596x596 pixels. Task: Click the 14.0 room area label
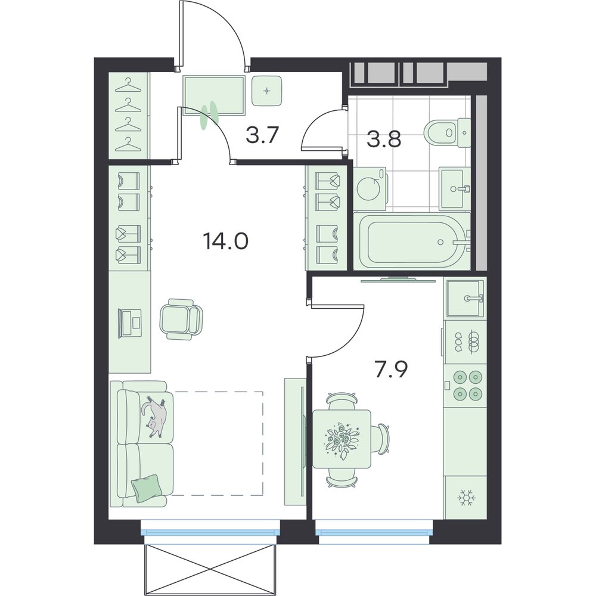point(226,241)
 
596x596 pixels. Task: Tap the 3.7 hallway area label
point(263,135)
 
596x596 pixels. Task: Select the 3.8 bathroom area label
point(383,139)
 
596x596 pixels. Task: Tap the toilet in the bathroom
point(447,134)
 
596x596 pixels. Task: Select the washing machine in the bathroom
point(370,189)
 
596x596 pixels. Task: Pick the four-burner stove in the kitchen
point(465,384)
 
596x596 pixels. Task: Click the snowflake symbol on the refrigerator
point(465,498)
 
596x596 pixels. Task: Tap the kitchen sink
point(465,298)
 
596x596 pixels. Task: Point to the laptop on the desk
point(130,323)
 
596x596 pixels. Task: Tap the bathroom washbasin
point(455,189)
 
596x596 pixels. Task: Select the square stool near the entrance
point(267,91)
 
